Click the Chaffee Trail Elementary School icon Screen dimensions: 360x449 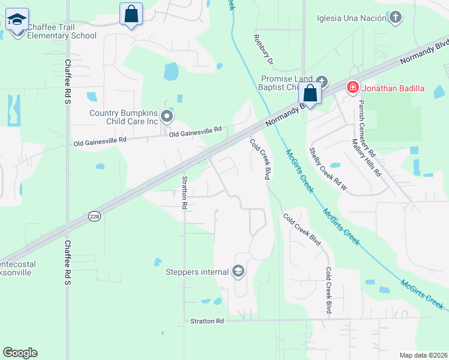click(x=17, y=20)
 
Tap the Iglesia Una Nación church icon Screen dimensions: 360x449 click(x=395, y=17)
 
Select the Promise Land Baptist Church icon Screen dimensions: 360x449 click(x=322, y=81)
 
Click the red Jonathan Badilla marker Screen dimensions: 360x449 click(x=353, y=89)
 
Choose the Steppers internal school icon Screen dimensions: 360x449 click(x=238, y=272)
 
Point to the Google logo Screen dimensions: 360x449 click(x=20, y=353)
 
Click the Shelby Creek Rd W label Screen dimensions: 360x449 click(x=328, y=170)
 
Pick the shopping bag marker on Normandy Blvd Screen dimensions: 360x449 click(x=310, y=93)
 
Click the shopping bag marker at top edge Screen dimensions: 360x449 click(x=131, y=13)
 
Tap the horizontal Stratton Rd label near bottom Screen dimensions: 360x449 click(x=207, y=321)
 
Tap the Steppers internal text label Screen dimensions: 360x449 click(x=197, y=272)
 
